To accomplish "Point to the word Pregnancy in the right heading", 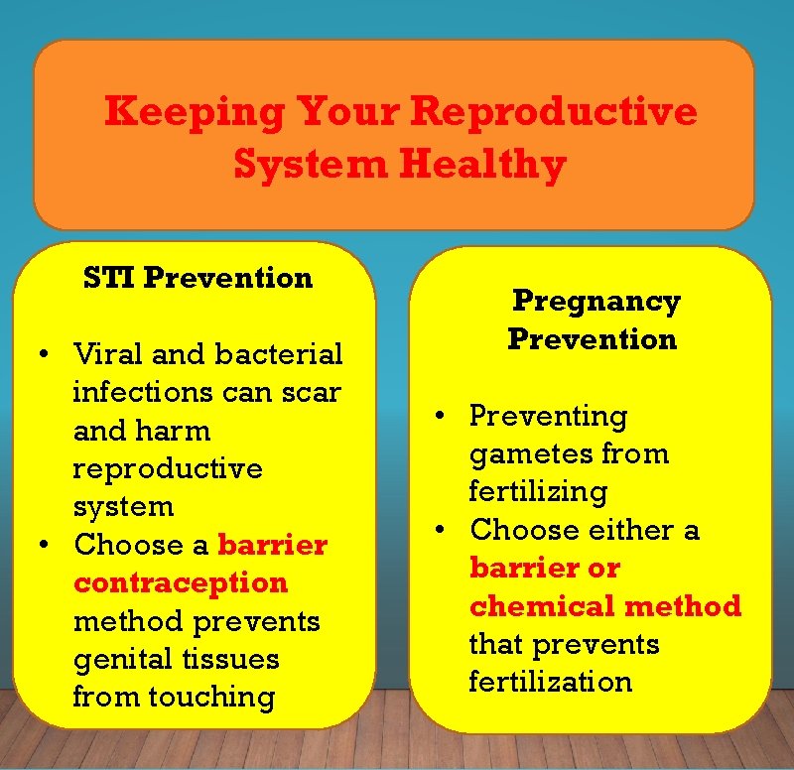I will click(595, 302).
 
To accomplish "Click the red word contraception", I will click(180, 582).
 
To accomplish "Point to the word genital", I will click(126, 659).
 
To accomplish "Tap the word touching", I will click(211, 697).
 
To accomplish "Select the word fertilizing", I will click(537, 492).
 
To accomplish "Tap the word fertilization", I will click(550, 682).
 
